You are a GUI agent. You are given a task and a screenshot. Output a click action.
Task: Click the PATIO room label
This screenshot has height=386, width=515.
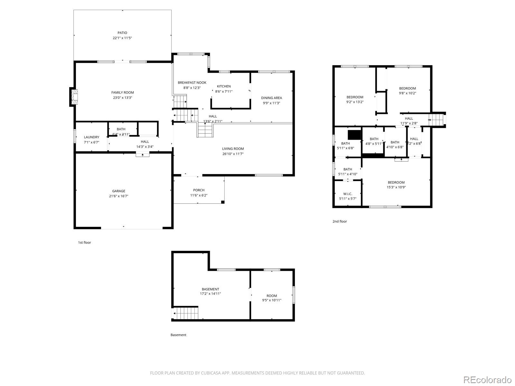(x=122, y=33)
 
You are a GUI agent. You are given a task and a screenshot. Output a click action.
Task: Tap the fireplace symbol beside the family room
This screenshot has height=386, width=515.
(x=74, y=97)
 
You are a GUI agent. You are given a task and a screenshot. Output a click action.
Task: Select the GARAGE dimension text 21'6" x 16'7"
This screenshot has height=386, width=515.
(x=118, y=196)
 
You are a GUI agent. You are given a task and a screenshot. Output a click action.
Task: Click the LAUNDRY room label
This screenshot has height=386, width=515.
(x=91, y=137)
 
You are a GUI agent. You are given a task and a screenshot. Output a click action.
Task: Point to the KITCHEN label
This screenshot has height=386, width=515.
(x=224, y=86)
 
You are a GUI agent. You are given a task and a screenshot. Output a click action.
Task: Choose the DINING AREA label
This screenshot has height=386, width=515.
(x=271, y=98)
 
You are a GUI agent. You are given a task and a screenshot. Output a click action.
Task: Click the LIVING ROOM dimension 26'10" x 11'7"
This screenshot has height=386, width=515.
(x=233, y=154)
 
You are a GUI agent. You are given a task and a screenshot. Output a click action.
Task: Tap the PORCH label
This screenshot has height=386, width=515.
(x=199, y=190)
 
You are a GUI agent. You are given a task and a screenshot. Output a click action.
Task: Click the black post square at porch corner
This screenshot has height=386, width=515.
(x=222, y=202)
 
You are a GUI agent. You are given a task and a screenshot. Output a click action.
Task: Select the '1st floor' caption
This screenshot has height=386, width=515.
(x=84, y=243)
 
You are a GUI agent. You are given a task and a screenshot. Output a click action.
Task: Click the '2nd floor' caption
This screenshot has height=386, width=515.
(x=340, y=221)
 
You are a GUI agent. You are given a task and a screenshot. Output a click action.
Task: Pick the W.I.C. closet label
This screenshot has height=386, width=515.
(x=348, y=194)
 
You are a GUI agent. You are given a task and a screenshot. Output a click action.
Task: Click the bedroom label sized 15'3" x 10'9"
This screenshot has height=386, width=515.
(x=396, y=182)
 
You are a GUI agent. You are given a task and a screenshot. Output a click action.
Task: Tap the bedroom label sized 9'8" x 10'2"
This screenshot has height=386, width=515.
(x=407, y=88)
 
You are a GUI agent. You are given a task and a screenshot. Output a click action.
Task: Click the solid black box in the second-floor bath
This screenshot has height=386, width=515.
(x=354, y=134)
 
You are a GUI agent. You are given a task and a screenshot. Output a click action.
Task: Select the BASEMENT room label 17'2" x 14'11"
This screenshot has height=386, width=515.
(x=210, y=289)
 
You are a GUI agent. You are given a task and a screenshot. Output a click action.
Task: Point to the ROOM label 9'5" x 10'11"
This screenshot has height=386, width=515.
(x=271, y=296)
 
